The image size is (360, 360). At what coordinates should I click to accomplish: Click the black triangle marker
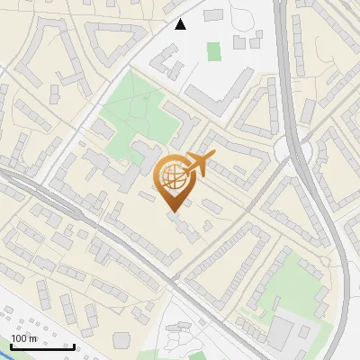[x=181, y=24]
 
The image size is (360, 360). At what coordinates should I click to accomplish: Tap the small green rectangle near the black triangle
[x=213, y=51]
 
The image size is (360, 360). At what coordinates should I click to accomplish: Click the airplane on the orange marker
[x=198, y=165]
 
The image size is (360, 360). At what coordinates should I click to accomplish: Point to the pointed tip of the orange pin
[x=172, y=212]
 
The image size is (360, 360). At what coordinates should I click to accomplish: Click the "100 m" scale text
[x=24, y=337]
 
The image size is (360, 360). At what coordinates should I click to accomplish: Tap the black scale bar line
[x=42, y=346]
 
